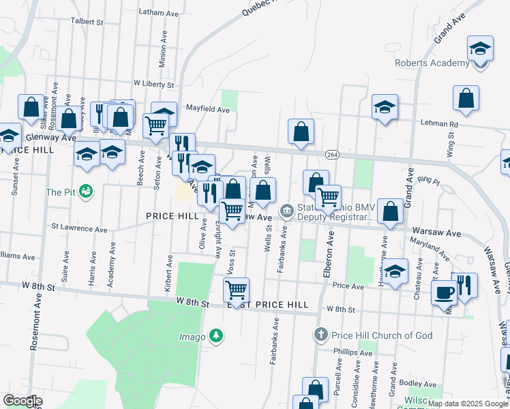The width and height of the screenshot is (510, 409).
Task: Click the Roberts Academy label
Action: click(432, 63)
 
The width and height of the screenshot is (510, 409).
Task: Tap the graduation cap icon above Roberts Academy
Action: click(480, 49)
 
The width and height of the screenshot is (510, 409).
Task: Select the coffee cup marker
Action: click(445, 293)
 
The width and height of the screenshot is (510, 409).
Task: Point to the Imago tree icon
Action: click(215, 335)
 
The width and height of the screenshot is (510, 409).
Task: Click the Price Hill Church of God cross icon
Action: click(321, 335)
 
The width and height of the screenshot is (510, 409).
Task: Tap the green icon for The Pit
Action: click(85, 192)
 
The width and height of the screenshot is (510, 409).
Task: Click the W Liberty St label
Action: click(154, 83)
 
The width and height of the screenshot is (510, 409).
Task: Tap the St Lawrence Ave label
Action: click(80, 228)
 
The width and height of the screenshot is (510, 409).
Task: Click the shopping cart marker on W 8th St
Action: click(236, 290)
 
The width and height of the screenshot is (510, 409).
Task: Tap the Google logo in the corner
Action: click(22, 401)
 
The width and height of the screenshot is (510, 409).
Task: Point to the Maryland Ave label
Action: click(428, 249)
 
